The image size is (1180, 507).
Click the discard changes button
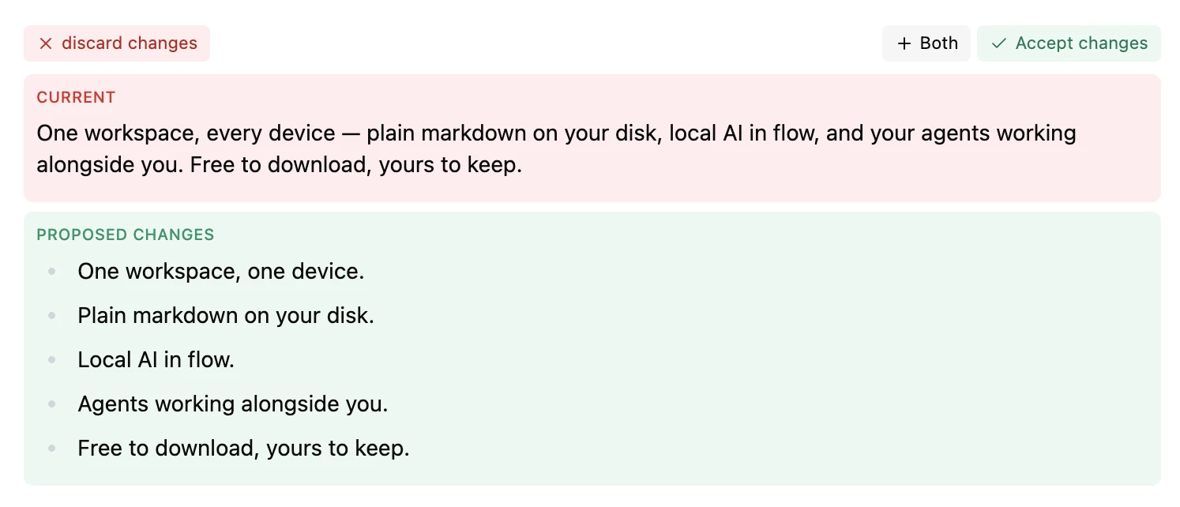click(x=116, y=43)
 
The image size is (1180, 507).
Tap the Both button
click(x=926, y=43)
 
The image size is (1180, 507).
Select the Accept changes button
click(x=1069, y=43)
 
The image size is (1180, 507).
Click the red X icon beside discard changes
click(x=46, y=43)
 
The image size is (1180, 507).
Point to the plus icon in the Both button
click(x=904, y=43)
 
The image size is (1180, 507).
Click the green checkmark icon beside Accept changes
click(x=999, y=43)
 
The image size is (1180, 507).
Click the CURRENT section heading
click(x=76, y=97)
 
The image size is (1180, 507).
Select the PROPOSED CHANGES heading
click(x=126, y=235)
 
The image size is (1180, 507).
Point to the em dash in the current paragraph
click(x=351, y=133)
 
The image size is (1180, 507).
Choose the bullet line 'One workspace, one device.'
click(x=220, y=272)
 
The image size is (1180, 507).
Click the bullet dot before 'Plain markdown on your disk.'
click(x=51, y=316)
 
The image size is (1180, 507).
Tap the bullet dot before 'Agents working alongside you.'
click(x=51, y=404)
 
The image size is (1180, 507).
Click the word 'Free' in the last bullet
click(x=100, y=449)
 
